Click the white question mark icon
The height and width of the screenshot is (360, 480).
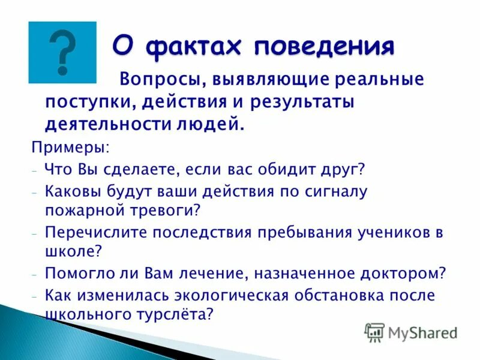(x=62, y=52)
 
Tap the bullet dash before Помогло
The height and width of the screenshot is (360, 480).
(x=36, y=274)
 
